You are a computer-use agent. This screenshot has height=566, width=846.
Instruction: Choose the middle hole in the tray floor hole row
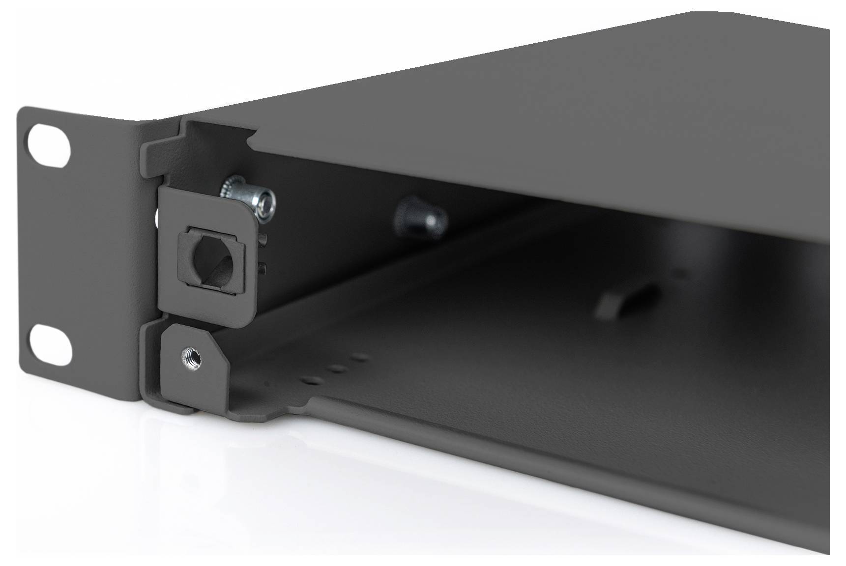pyautogui.click(x=337, y=368)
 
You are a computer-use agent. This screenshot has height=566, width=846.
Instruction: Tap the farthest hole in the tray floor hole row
pyautogui.click(x=363, y=357)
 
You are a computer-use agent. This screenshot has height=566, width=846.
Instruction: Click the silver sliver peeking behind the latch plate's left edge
pyautogui.click(x=156, y=216)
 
